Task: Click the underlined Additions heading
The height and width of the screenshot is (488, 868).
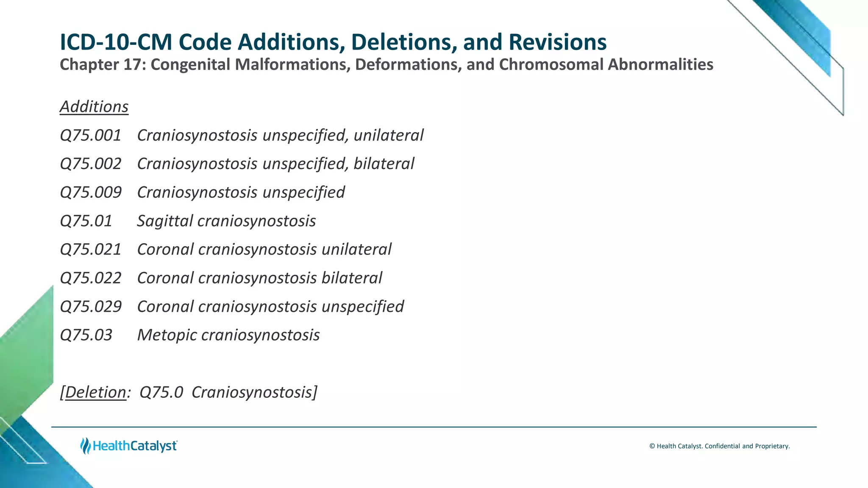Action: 94,107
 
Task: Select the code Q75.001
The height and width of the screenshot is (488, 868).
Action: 91,136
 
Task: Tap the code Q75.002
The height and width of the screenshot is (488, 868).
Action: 91,164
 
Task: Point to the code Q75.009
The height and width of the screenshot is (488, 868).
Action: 91,192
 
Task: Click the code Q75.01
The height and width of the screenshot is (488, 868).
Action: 86,221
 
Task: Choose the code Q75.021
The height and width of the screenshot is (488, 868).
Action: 91,250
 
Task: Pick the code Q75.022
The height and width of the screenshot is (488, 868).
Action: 91,278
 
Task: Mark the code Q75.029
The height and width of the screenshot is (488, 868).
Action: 91,307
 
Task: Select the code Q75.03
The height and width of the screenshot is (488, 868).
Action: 86,335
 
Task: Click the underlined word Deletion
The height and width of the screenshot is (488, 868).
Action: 95,392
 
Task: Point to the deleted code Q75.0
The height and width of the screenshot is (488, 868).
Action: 161,392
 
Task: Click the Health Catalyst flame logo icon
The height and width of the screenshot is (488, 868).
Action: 86,446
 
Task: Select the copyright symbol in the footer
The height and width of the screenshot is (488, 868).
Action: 652,446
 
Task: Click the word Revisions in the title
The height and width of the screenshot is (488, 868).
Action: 557,42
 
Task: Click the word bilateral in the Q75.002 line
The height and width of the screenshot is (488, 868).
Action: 384,164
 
